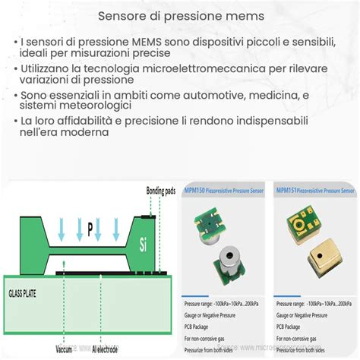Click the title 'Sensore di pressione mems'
click(x=179, y=16)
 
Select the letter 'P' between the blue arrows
click(x=90, y=226)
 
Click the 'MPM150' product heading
click(x=195, y=191)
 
